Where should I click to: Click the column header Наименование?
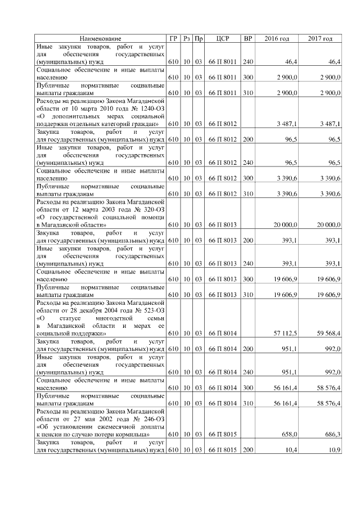pyautogui.click(x=100, y=38)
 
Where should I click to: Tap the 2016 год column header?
pyautogui.click(x=276, y=38)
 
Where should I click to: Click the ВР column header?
pyautogui.click(x=247, y=38)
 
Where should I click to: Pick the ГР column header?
pyautogui.click(x=173, y=38)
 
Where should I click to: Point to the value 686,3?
pyautogui.click(x=332, y=435)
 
